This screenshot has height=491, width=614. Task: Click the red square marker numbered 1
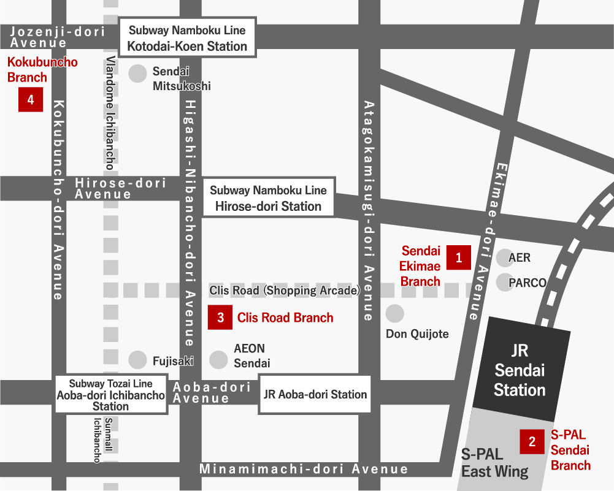pos(459,257)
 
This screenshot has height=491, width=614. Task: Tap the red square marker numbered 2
pos(532,441)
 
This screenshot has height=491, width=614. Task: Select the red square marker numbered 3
pos(220,318)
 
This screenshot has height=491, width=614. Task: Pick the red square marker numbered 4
pos(31,99)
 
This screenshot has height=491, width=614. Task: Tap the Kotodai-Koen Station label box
pos(187,38)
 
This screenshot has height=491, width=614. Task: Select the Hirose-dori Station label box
pos(268,198)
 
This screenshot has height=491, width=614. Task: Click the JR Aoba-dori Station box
pos(315,395)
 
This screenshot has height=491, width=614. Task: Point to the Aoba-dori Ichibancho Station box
pos(111,395)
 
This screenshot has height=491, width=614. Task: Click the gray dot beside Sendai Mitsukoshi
pos(137,74)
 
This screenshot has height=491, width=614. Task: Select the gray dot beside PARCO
pos(504,283)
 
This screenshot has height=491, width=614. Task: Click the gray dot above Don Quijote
pos(394,314)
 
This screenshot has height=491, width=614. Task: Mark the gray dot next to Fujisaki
pos(137,360)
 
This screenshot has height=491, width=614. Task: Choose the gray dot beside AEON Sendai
pos(219,360)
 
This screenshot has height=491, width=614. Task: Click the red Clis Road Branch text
pos(285,318)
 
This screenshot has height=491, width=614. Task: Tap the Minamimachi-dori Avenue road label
pos(304,470)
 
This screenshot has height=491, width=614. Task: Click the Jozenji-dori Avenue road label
pos(56,37)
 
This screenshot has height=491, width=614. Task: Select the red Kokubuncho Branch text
pos(42,69)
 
